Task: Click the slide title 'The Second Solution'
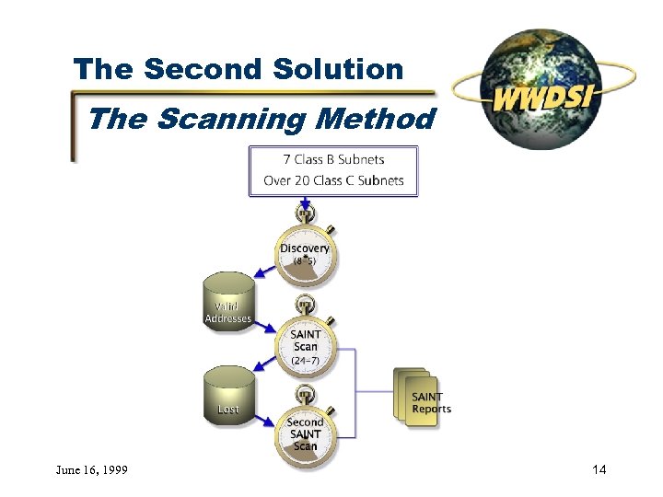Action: point(238,69)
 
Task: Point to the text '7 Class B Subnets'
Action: point(333,159)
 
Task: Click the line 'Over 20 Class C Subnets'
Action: point(333,180)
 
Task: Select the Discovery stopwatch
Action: point(305,252)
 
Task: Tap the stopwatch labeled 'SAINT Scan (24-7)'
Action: point(305,344)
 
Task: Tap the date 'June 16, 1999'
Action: point(90,471)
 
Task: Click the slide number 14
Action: point(599,471)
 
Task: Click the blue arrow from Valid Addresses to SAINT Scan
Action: point(266,327)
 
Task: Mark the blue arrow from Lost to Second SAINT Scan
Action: point(266,419)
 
